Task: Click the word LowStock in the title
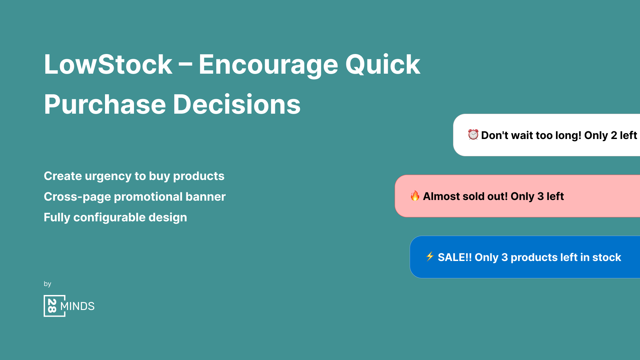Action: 108,64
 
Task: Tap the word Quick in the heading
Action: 383,64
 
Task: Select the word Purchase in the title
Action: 105,105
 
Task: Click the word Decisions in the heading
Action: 237,105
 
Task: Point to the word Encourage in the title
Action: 268,64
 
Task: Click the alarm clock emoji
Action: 473,135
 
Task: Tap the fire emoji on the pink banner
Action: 415,196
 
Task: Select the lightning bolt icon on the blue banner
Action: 430,256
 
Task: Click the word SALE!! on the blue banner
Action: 455,257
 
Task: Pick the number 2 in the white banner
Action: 614,135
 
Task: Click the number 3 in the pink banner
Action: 540,196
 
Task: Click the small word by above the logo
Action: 47,284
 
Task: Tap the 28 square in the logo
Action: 52,306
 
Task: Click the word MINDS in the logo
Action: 77,306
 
